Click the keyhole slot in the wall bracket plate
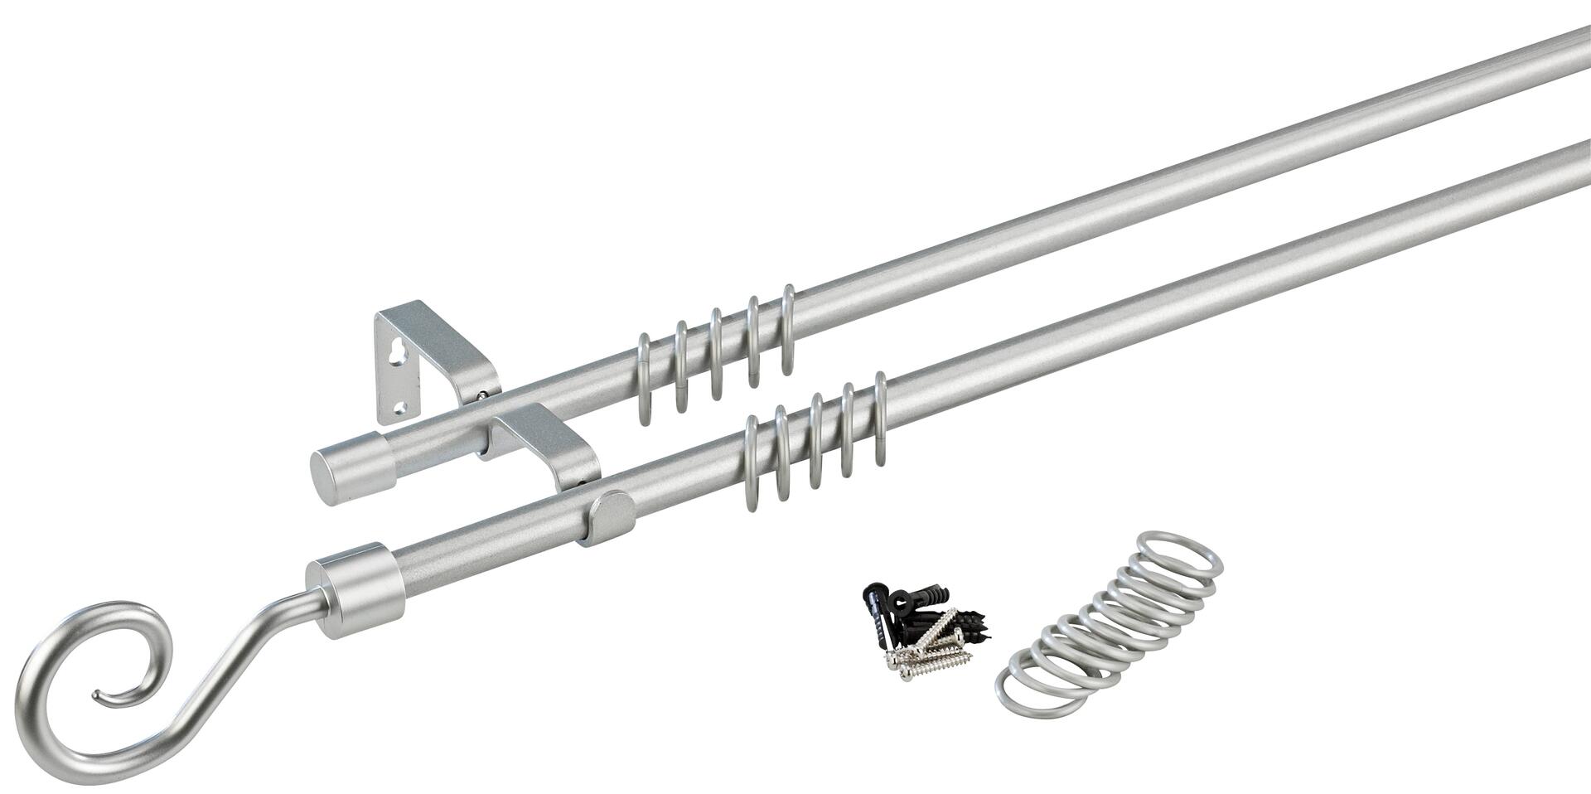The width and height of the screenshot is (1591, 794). [x=392, y=354]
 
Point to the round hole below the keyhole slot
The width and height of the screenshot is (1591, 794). [x=400, y=407]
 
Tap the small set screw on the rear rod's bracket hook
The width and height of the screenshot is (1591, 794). [x=481, y=397]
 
